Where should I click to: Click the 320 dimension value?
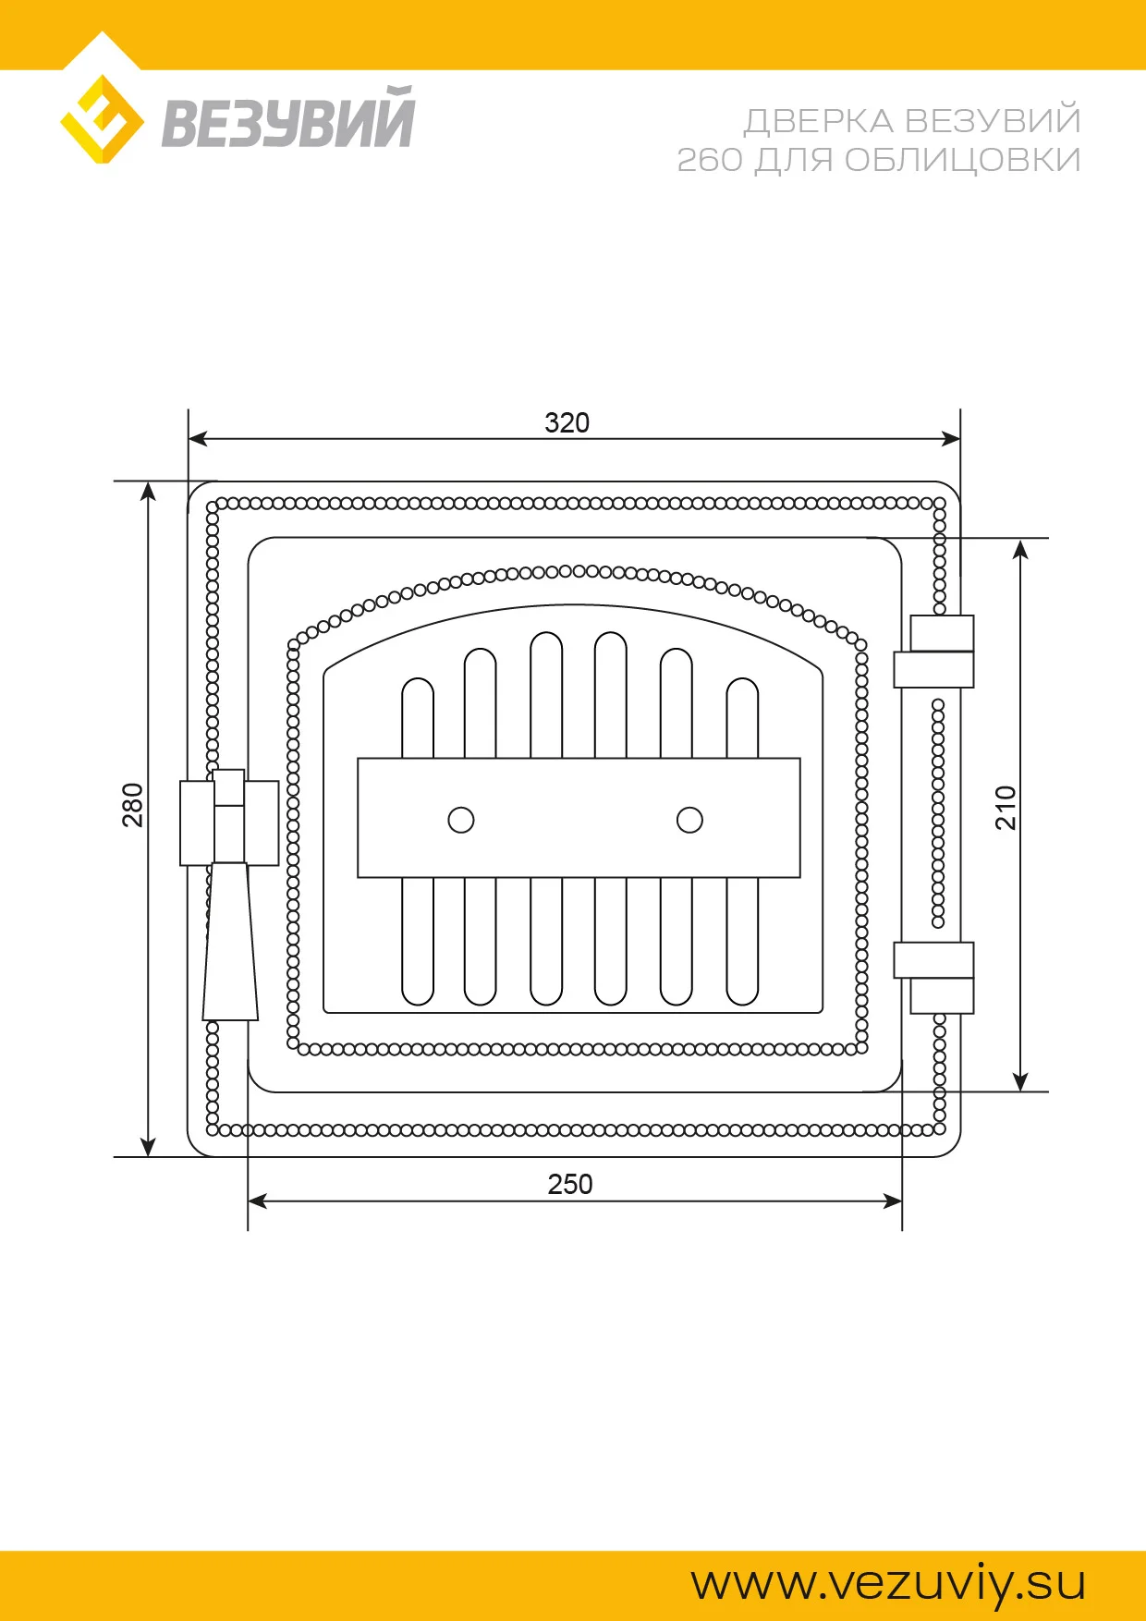[567, 423]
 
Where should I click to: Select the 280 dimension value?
[133, 804]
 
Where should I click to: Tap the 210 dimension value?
[1006, 807]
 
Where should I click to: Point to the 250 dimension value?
[569, 1184]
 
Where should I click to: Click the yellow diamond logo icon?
[102, 119]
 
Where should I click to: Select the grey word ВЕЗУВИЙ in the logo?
[288, 117]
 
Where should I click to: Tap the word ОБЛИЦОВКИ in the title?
[962, 160]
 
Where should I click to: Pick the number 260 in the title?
[710, 160]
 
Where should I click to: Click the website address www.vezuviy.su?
[888, 1583]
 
